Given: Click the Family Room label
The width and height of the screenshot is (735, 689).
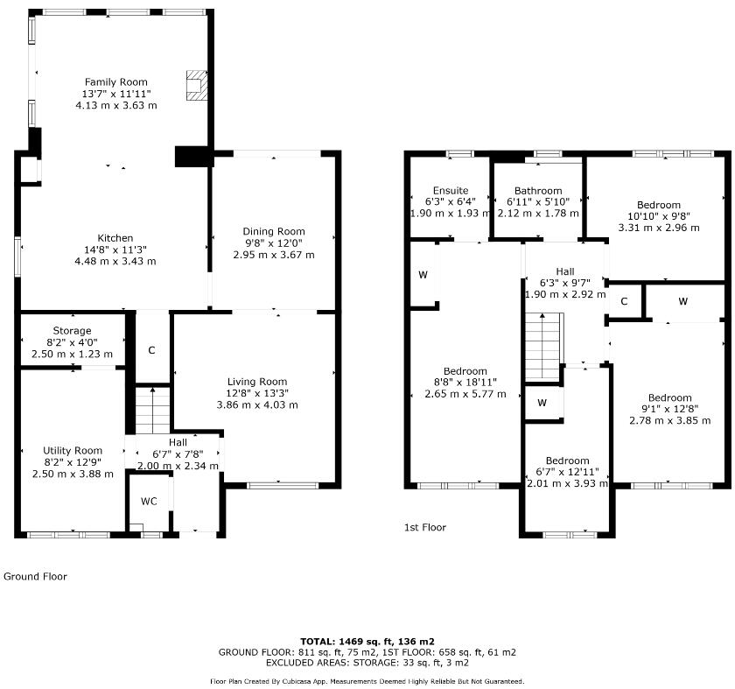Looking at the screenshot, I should point(115,81).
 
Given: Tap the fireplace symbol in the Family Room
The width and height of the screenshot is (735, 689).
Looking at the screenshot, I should point(196,85).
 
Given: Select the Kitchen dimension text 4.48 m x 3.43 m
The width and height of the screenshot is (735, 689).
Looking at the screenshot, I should point(115,261).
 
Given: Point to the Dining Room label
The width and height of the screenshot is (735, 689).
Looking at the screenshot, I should point(273,231).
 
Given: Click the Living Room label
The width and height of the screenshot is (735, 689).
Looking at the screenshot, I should point(257,381).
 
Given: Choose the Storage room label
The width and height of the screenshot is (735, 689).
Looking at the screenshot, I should point(71,331).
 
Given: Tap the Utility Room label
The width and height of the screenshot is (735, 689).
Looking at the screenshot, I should point(73,450).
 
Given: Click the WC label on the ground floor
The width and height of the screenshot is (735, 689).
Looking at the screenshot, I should point(149,502).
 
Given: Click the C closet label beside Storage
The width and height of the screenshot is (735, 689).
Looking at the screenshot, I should point(151,350).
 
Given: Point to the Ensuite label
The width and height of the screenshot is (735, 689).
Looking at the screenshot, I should point(451,190).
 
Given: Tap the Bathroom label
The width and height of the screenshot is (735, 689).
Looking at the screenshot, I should point(538,190).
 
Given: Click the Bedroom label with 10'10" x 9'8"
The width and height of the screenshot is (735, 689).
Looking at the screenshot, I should point(659,205).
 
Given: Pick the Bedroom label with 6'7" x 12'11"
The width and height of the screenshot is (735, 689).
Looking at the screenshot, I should point(567,461).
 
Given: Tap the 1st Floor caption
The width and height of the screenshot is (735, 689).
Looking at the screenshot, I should point(424,527).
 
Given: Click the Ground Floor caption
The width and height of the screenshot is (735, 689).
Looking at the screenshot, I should point(35,576).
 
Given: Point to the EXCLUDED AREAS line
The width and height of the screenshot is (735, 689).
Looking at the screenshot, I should point(367,664).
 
